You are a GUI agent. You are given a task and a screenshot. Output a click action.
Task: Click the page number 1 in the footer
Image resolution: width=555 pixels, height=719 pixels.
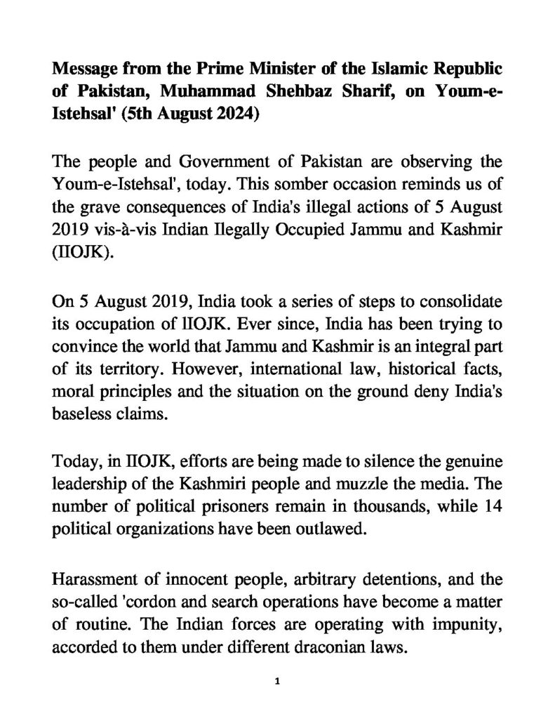pos(278,682)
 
